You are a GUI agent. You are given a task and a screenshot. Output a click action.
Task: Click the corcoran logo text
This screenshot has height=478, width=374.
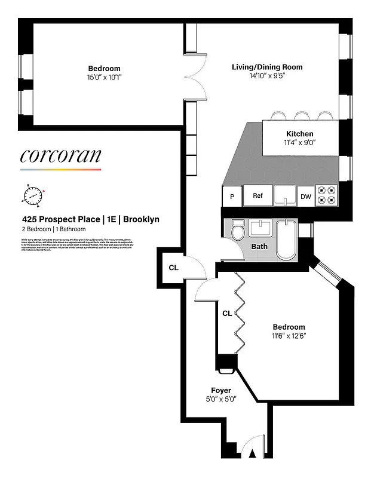[x=60, y=156]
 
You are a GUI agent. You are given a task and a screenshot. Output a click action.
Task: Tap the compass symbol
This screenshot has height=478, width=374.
[x=33, y=195]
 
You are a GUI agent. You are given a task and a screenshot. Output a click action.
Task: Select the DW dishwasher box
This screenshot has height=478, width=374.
[x=305, y=197]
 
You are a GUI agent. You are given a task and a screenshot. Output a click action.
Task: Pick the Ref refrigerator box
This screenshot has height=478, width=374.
[x=257, y=195]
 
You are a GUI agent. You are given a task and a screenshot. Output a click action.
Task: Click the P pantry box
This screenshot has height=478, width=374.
[x=231, y=197]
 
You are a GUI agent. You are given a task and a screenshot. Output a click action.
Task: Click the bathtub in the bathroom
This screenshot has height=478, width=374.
[x=287, y=240]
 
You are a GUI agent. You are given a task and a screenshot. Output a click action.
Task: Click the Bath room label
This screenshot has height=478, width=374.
[x=259, y=246]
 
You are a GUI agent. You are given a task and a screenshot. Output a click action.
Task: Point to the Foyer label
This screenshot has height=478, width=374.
[x=220, y=391]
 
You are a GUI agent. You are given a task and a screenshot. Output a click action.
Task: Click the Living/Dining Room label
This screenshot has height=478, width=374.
[x=267, y=67]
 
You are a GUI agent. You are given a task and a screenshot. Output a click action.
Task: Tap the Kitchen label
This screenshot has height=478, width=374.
[x=299, y=134]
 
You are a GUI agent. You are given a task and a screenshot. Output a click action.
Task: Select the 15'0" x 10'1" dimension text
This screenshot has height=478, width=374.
[x=105, y=77]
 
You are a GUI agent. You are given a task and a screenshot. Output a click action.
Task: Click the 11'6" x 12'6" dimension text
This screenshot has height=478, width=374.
[x=289, y=336]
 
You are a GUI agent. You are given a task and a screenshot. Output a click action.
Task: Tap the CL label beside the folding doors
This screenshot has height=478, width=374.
[x=227, y=312]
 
